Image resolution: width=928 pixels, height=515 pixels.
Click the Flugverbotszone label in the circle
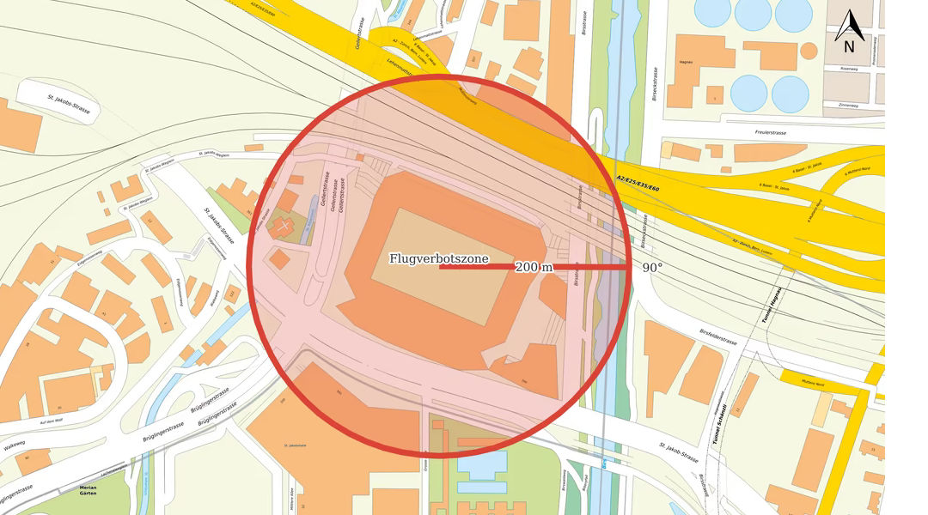pyautogui.click(x=439, y=258)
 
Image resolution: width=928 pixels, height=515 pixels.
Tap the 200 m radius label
pyautogui.click(x=534, y=267)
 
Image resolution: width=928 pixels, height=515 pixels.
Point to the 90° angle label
pyautogui.click(x=652, y=268)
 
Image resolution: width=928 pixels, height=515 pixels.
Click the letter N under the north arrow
pyautogui.click(x=848, y=47)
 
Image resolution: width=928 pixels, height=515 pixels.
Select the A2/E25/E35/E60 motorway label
pyautogui.click(x=638, y=181)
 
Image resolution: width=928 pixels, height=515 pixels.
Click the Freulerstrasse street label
pyautogui.click(x=771, y=133)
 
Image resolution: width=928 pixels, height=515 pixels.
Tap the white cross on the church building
pyautogui.click(x=284, y=225)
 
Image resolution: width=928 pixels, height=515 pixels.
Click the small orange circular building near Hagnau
pyautogui.click(x=809, y=51)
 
